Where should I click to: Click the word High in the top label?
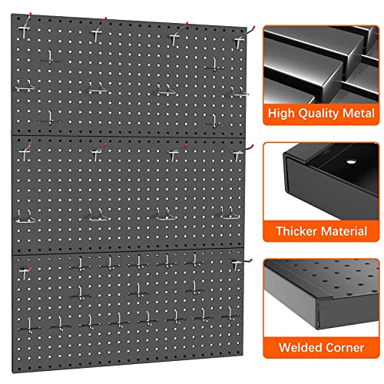(x=281, y=114)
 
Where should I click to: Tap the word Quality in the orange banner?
(x=318, y=114)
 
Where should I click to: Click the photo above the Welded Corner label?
(x=320, y=292)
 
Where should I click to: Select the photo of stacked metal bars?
(x=320, y=61)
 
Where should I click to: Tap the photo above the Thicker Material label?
(x=320, y=177)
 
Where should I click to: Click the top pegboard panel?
(x=127, y=77)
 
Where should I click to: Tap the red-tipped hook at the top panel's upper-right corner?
(x=248, y=31)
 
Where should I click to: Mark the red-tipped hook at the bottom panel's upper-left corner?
(x=25, y=269)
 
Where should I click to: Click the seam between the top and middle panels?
(x=127, y=137)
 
